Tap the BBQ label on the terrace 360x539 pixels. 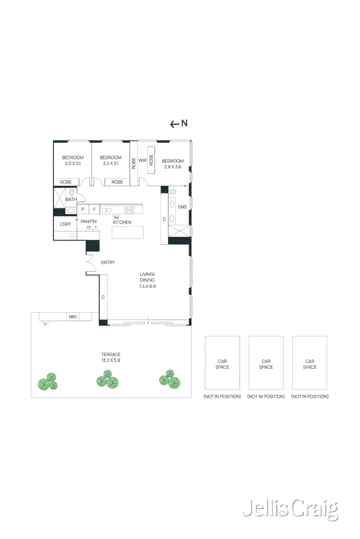[x=72, y=317]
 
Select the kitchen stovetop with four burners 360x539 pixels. [x=129, y=210]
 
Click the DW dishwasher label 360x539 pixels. [x=116, y=217]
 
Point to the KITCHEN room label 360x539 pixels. [x=122, y=222]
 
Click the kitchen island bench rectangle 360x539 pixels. [x=127, y=232]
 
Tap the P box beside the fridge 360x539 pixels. [x=82, y=209]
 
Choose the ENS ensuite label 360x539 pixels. [x=182, y=207]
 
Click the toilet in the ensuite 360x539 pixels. [x=173, y=192]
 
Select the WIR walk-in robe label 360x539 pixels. [x=142, y=161]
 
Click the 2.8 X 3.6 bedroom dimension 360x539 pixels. [x=172, y=167]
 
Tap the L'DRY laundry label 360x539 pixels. [x=65, y=224]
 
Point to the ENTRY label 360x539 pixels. [x=108, y=263]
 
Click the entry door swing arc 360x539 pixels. [x=91, y=261]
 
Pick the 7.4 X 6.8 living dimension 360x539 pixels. [x=147, y=286]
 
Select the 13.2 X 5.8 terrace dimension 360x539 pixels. [x=111, y=361]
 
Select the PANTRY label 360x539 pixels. [x=88, y=221]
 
